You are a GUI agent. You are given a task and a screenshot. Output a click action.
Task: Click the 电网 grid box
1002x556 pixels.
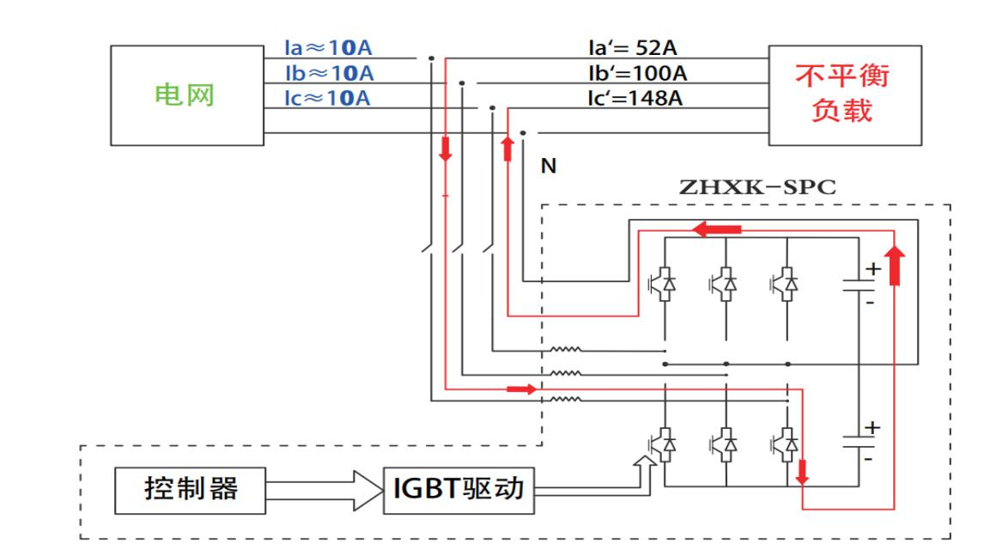pyautogui.click(x=185, y=95)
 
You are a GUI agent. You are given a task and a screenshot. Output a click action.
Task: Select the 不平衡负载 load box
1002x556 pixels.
pyautogui.click(x=844, y=94)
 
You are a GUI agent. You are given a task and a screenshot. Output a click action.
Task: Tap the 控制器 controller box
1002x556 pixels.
pyautogui.click(x=190, y=490)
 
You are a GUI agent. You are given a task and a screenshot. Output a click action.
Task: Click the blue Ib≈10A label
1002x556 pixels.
pyautogui.click(x=329, y=74)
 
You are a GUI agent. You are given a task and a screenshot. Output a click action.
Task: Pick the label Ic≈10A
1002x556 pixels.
pyautogui.click(x=328, y=99)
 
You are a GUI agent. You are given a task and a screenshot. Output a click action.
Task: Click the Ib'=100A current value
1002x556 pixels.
pyautogui.click(x=635, y=74)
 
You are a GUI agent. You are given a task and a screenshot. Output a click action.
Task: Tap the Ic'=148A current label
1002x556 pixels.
pyautogui.click(x=634, y=99)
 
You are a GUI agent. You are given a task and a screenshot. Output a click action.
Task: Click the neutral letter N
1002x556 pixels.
pyautogui.click(x=548, y=166)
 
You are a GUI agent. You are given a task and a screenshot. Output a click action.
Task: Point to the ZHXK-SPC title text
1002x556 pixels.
pyautogui.click(x=756, y=188)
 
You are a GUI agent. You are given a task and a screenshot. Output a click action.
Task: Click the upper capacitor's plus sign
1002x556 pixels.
pyautogui.click(x=872, y=269)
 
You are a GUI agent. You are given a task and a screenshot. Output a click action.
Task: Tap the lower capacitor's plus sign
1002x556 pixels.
pyautogui.click(x=872, y=426)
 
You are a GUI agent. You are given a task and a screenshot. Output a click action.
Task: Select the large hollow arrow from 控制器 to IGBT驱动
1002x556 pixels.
pyautogui.click(x=325, y=490)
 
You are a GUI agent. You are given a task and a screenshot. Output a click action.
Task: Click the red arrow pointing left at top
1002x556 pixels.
pyautogui.click(x=717, y=230)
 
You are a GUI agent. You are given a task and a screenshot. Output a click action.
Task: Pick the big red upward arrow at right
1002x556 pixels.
pyautogui.click(x=894, y=265)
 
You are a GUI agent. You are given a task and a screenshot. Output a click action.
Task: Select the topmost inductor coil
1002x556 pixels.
pyautogui.click(x=566, y=349)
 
